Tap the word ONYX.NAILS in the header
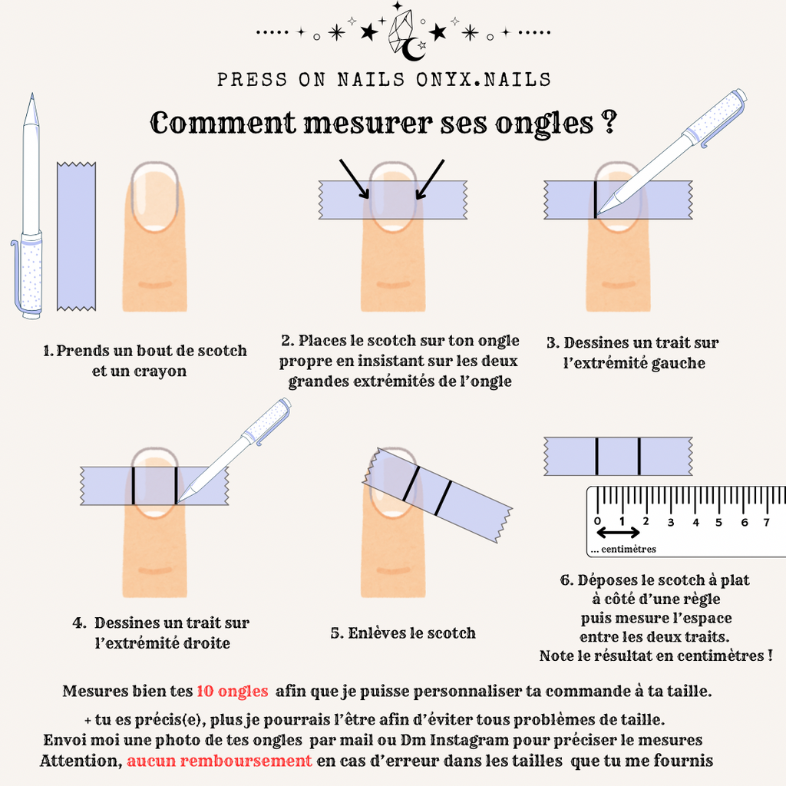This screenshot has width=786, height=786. pyautogui.click(x=484, y=80)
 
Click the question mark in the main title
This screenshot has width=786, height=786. pyautogui.click(x=608, y=121)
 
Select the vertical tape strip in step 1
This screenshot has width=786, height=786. pyautogui.click(x=76, y=236)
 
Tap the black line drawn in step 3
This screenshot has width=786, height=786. pyautogui.click(x=595, y=200)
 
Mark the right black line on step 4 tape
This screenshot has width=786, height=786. pyautogui.click(x=176, y=485)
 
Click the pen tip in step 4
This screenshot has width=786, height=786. pyautogui.click(x=180, y=500)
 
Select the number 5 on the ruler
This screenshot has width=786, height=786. pyautogui.click(x=718, y=522)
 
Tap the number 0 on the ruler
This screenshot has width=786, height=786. pyautogui.click(x=597, y=521)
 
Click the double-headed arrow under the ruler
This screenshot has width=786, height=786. pyautogui.click(x=618, y=533)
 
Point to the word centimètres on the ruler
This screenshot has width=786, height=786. pyautogui.click(x=629, y=549)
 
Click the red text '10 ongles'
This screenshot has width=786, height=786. pyautogui.click(x=232, y=692)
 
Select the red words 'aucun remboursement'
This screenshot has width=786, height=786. pyautogui.click(x=220, y=761)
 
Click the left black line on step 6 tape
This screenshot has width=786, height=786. pyautogui.click(x=596, y=456)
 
